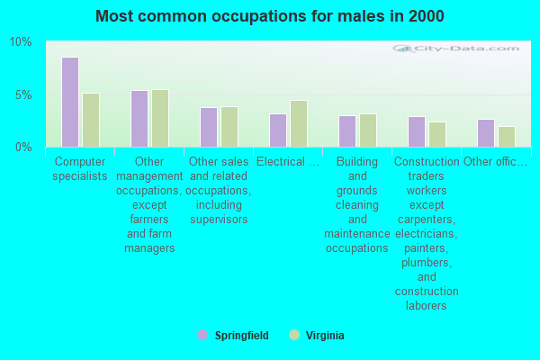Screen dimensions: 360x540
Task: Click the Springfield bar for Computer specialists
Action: [x=70, y=102]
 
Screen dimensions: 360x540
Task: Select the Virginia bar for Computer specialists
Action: [x=91, y=120]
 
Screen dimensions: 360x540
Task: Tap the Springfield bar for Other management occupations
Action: [x=139, y=118]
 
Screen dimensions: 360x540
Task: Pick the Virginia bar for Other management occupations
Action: [x=160, y=118]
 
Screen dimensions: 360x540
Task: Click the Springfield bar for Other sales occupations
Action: [x=209, y=127]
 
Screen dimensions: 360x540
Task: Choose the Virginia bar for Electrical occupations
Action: [x=299, y=123]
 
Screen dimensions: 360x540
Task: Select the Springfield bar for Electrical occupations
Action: [x=278, y=130]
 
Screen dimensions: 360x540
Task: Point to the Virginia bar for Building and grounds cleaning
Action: [x=368, y=130]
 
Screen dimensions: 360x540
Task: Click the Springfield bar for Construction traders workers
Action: [x=417, y=131]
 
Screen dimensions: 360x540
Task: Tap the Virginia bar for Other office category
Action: [x=507, y=136]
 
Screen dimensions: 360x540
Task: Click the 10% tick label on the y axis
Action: [x=21, y=42]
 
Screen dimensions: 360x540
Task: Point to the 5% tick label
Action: [x=23, y=94]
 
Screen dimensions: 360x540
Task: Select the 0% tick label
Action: [x=23, y=147]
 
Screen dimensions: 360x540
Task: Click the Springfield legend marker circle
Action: [x=202, y=335]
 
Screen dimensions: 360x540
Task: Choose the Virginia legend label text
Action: [x=324, y=335]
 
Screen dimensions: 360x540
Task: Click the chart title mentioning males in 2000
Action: [x=270, y=16]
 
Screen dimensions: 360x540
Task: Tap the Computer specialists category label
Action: [x=80, y=168]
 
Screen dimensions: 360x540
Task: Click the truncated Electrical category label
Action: [x=287, y=162]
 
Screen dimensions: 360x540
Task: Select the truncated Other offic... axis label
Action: [x=495, y=162]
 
